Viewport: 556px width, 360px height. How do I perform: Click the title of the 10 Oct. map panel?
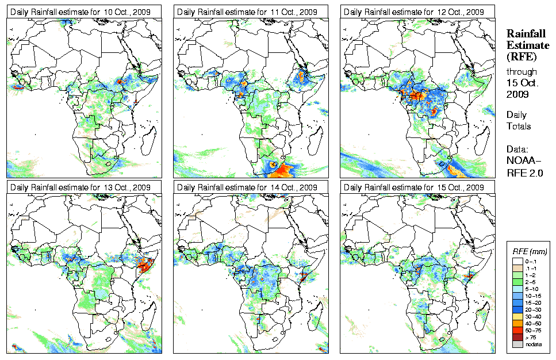click(x=84, y=12)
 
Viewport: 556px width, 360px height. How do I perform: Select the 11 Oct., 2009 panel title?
click(x=251, y=12)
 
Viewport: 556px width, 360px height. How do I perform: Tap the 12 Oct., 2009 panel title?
click(x=417, y=12)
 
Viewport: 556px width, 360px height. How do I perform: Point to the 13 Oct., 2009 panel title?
click(x=84, y=187)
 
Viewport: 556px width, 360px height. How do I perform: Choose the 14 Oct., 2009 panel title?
click(x=251, y=187)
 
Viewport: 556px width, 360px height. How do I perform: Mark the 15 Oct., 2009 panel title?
click(x=417, y=187)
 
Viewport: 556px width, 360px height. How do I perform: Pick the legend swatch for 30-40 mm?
click(x=517, y=316)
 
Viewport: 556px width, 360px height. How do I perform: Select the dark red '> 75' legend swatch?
click(x=517, y=337)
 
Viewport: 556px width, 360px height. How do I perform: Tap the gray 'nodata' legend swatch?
click(x=517, y=344)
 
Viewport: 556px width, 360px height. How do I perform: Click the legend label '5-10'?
click(x=532, y=289)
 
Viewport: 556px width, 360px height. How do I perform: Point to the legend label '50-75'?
click(x=534, y=330)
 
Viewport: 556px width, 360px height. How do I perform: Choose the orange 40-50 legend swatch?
click(x=517, y=323)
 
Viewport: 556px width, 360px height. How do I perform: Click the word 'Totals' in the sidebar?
click(x=519, y=126)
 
